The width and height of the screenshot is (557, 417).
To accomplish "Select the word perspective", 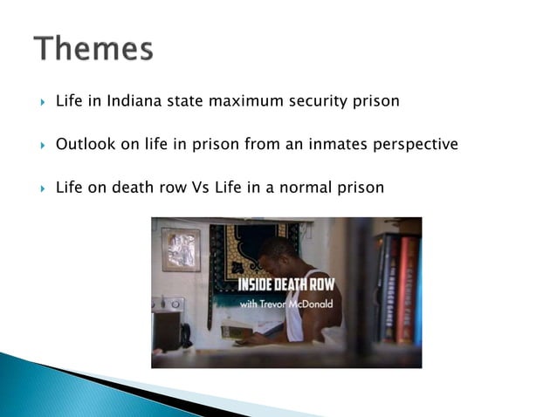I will click(416, 144).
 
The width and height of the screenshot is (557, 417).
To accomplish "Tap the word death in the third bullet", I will click(148, 186).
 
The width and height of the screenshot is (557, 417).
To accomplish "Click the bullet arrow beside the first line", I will click(41, 101).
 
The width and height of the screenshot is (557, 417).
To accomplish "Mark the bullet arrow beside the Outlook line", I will click(41, 144).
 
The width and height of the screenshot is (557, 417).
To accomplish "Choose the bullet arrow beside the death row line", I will click(41, 187).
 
